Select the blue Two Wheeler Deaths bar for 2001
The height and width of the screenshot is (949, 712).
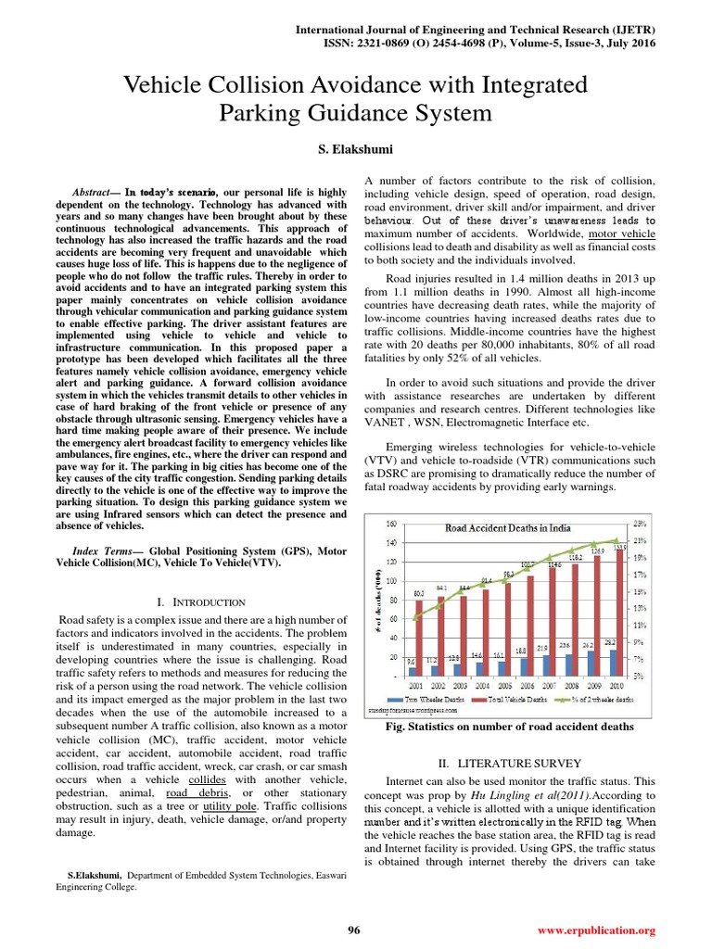(413, 671)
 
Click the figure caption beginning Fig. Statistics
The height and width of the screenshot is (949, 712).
(509, 728)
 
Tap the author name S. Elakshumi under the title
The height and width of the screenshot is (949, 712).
(355, 148)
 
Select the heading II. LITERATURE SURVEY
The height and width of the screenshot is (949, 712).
(509, 763)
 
